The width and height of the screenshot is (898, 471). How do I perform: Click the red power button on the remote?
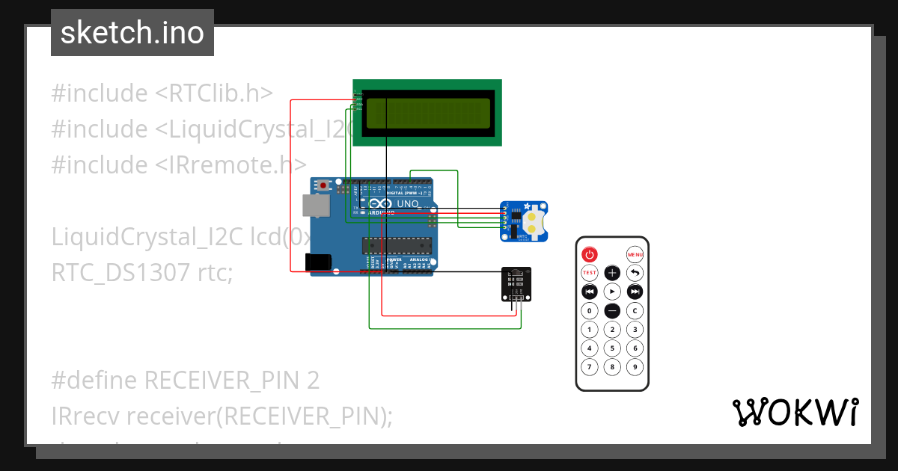click(590, 254)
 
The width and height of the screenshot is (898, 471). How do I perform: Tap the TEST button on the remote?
click(590, 273)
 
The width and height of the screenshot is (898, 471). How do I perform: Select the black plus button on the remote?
click(612, 273)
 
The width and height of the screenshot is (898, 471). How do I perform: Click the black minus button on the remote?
click(612, 310)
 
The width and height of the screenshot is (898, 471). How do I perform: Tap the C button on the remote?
click(635, 310)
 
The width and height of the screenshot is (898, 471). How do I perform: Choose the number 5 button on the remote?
click(612, 348)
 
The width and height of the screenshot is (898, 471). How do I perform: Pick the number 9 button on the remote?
click(635, 367)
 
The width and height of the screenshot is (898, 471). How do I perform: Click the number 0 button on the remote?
click(590, 310)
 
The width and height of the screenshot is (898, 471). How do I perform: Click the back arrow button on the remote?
click(635, 273)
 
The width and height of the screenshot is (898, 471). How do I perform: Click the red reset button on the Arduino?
click(323, 185)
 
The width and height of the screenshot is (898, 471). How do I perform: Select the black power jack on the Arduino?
click(319, 262)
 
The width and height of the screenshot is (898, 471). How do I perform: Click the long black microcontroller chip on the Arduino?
click(397, 244)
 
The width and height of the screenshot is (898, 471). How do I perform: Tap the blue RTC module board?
click(524, 221)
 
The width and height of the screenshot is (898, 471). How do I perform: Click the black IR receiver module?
click(516, 285)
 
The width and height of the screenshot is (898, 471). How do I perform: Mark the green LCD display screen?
click(427, 113)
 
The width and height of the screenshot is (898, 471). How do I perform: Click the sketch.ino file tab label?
click(132, 33)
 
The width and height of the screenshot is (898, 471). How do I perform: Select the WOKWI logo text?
click(795, 412)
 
